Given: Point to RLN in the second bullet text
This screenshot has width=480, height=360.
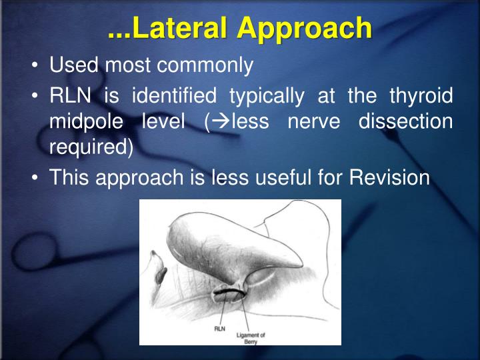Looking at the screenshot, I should [x=70, y=96].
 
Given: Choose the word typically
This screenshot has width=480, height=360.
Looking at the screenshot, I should [x=270, y=96].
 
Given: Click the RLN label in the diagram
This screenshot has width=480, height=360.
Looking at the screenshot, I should [x=219, y=328].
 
